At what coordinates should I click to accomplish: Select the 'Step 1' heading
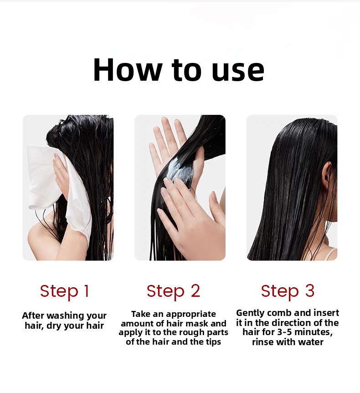64,291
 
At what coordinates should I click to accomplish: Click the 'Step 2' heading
173,291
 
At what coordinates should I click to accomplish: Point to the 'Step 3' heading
288,291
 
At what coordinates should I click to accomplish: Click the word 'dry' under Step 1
54,326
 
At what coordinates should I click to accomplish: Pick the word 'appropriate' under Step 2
190,314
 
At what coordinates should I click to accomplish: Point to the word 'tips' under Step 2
214,342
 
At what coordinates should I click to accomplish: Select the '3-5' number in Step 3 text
285,332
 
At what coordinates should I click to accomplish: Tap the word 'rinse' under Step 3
263,342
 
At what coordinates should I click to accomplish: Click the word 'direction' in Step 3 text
293,323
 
